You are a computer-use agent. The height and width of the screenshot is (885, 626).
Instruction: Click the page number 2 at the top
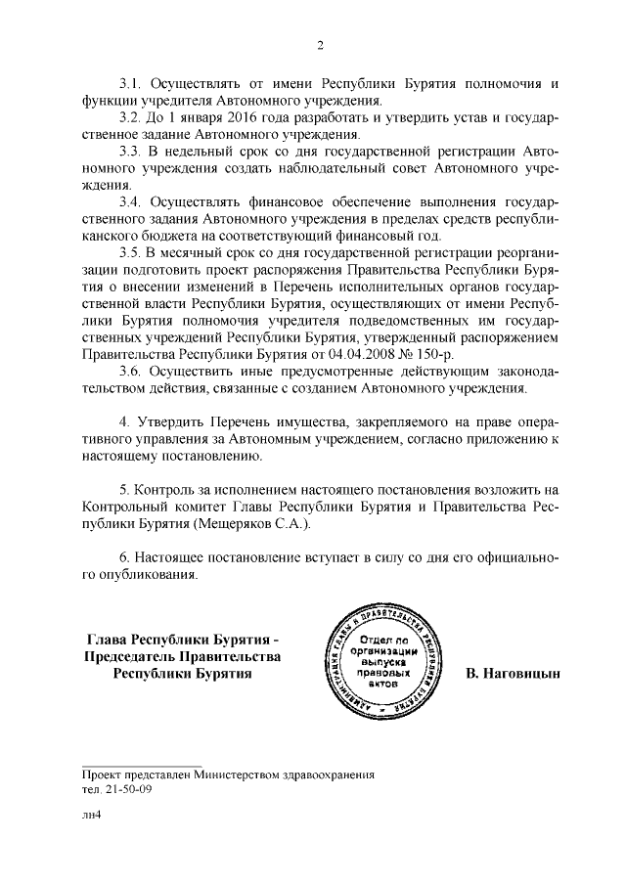click(319, 44)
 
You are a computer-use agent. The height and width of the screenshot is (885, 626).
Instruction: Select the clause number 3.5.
click(131, 252)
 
